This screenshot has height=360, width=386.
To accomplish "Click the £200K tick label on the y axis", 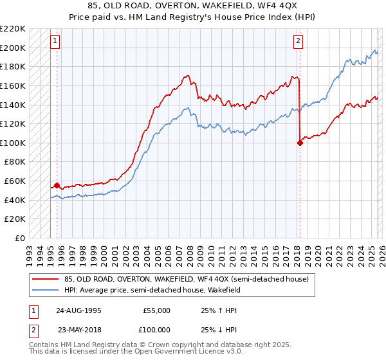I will (13, 48).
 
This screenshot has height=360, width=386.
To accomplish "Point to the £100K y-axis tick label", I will (13, 143).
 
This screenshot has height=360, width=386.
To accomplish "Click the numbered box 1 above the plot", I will (55, 42).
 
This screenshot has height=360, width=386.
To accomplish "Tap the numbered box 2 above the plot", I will (299, 42).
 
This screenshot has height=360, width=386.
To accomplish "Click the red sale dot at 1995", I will (57, 186).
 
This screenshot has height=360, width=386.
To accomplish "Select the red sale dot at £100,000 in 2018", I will (300, 143).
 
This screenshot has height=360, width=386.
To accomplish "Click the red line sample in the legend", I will (46, 279).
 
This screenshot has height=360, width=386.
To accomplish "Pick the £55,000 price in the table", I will (156, 310).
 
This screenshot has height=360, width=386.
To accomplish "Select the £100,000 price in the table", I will (156, 329).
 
